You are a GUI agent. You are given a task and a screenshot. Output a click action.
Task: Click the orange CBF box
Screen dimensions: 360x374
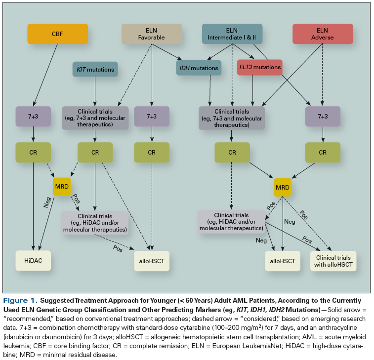(x=57, y=34)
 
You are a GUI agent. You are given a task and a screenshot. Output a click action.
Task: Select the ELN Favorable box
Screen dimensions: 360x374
(x=152, y=34)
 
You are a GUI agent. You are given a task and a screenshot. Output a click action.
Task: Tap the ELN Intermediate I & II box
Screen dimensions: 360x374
(x=232, y=34)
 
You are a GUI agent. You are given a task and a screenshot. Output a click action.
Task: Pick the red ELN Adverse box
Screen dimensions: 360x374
(x=323, y=34)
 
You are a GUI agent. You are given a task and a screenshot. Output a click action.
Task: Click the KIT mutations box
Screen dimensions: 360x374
(x=95, y=70)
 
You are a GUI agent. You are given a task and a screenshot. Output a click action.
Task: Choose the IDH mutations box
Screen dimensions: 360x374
(x=199, y=68)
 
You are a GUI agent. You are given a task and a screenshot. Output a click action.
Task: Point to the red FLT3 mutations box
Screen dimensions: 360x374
(x=259, y=67)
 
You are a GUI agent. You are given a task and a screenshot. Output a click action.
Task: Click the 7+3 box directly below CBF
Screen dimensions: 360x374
(x=34, y=117)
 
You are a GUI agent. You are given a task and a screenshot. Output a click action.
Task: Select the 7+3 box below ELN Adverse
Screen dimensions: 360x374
(x=323, y=117)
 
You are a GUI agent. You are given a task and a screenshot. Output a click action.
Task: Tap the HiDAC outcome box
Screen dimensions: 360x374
(x=34, y=260)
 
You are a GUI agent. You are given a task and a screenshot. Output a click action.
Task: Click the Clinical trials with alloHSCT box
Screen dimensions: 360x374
(x=333, y=261)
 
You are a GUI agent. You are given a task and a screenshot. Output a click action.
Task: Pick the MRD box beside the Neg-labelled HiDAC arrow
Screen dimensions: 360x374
(x=62, y=186)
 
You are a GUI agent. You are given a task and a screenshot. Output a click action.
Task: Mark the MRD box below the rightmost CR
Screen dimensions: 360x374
(x=283, y=187)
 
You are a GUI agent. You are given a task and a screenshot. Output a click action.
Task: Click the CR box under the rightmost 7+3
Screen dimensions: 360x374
(x=323, y=153)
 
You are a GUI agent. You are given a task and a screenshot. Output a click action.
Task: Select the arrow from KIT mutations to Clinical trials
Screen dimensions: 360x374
(x=95, y=91)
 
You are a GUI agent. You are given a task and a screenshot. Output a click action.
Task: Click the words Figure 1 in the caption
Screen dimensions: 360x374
(x=21, y=300)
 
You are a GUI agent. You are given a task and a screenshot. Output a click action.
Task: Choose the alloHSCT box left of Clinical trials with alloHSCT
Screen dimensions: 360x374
(x=282, y=260)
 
